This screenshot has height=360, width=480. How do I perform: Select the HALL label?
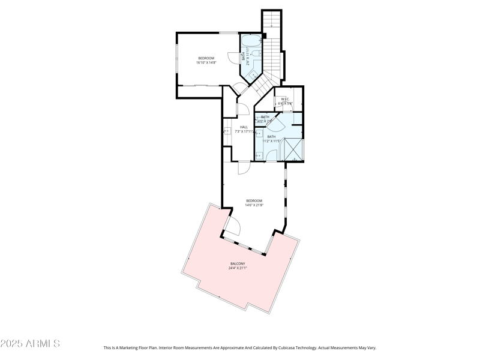coord(244,127)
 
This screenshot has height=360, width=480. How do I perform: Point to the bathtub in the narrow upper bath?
coord(251,41)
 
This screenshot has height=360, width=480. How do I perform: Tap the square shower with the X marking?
coord(293,151)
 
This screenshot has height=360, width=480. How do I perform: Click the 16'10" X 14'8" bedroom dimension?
coord(206,62)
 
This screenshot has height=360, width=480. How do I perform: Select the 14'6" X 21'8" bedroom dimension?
coord(254,205)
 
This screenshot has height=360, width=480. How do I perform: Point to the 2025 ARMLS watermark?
coord(30,344)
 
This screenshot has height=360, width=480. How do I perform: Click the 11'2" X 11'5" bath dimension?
coord(272,141)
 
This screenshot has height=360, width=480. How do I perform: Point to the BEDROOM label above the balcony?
coord(254,200)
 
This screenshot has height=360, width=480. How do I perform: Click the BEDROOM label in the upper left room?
coord(206,58)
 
